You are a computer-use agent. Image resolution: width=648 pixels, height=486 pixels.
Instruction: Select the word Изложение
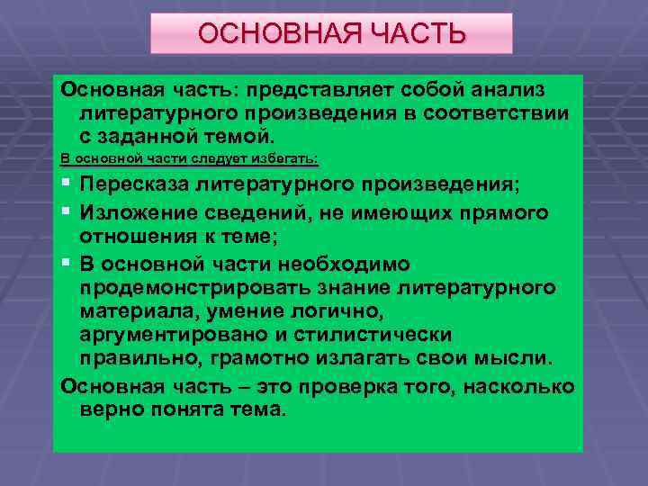click(131, 211)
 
